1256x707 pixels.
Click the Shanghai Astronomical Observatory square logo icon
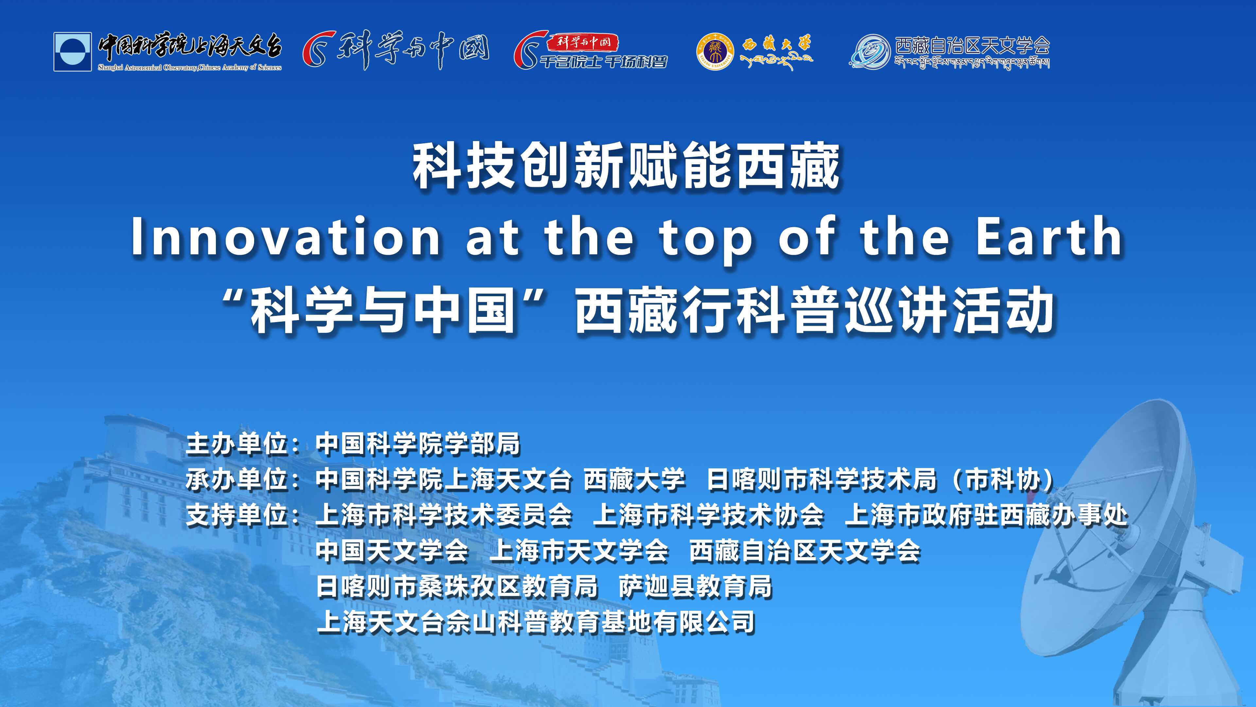pos(73,52)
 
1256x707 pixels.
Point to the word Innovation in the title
pos(286,237)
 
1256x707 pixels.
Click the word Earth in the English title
pos(1050,237)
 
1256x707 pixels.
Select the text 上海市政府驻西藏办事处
pos(986,515)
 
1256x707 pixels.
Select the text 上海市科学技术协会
pos(708,515)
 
